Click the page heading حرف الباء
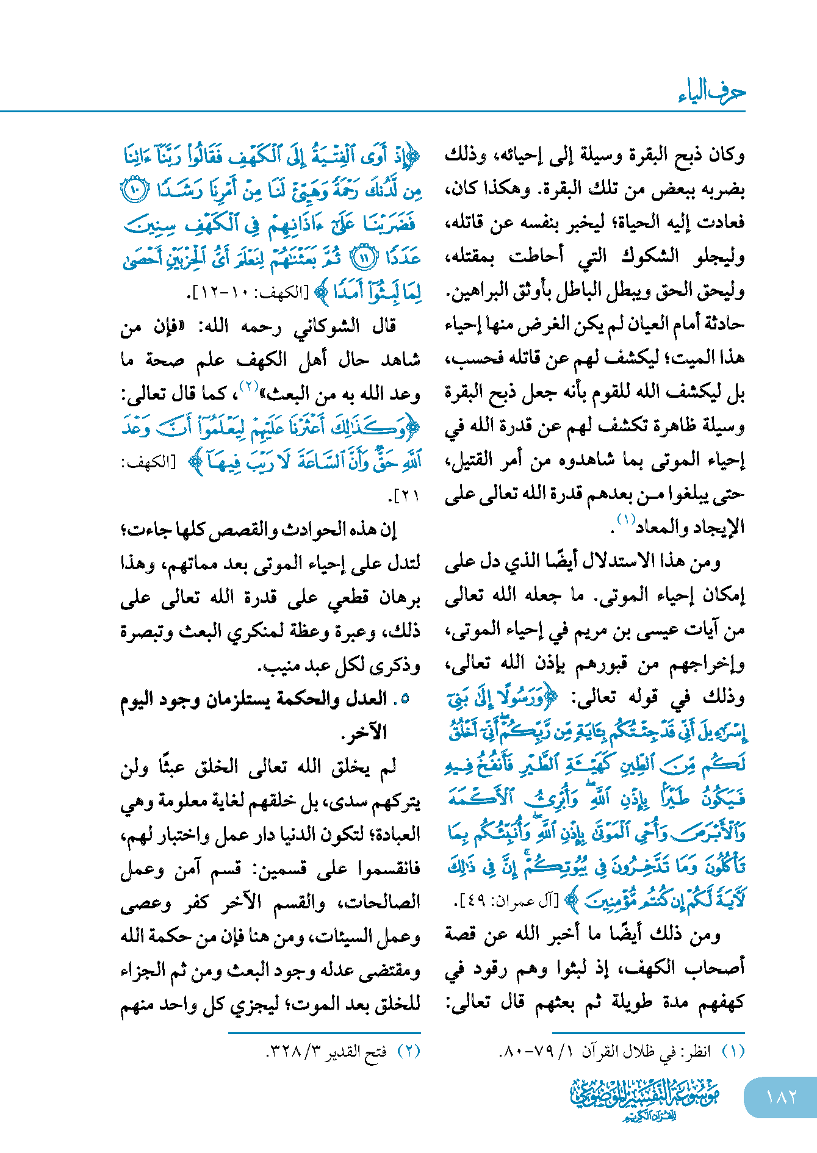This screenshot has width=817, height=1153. point(711,92)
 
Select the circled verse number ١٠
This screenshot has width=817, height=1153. point(132,191)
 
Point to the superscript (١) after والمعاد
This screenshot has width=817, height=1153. point(626,520)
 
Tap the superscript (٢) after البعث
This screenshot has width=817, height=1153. point(250,386)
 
